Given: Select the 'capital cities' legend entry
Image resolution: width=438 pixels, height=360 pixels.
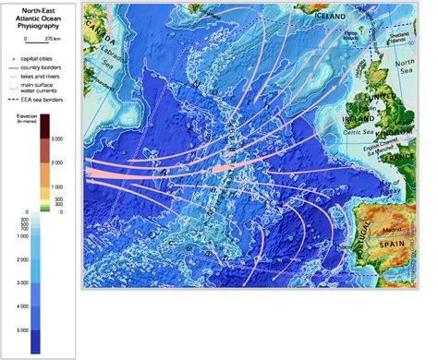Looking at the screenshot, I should tap(47, 57).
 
